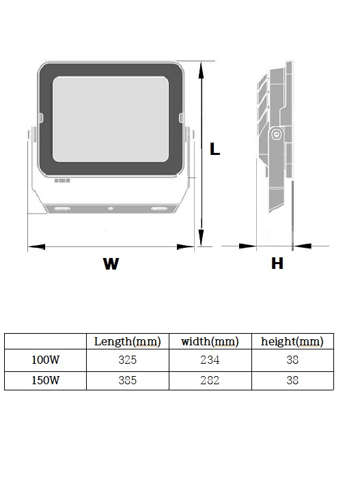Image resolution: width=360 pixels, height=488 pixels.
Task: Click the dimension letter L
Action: point(214,149)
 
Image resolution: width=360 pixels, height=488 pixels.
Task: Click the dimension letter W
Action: point(111,263)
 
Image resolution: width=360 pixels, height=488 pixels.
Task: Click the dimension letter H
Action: point(277,263)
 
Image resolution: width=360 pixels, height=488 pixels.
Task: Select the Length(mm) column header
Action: point(127,341)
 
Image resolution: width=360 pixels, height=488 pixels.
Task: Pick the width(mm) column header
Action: point(210,341)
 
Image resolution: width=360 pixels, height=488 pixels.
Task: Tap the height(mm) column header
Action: point(292,341)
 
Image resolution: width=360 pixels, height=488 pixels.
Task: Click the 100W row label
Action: point(46,360)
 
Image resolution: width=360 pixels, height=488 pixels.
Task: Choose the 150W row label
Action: point(46,380)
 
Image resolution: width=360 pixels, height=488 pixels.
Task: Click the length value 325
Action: point(127,360)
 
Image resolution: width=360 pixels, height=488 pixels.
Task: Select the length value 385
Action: point(127,380)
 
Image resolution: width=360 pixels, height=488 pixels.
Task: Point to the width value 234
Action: point(210,360)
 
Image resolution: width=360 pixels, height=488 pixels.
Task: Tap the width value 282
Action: point(210,380)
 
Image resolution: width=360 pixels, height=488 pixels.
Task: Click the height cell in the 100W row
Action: point(292,360)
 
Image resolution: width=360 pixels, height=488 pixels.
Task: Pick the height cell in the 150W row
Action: point(292,380)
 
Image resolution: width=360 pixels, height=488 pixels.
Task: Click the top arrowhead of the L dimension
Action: point(202,70)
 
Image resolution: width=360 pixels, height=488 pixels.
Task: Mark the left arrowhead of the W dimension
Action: point(36,247)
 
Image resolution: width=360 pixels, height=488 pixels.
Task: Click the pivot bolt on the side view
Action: point(276,134)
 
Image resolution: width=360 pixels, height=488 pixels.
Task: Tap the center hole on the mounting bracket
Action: point(111,209)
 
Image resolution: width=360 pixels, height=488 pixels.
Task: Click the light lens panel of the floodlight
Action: point(111,119)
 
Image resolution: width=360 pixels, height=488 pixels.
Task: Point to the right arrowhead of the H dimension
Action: point(302,246)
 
